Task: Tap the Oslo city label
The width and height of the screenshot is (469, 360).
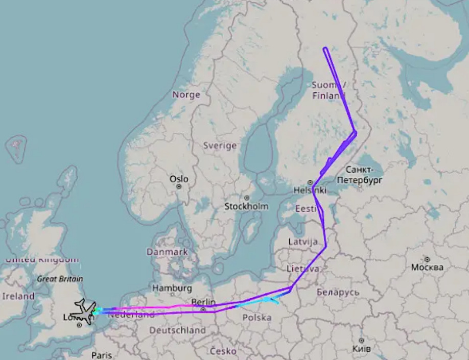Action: pos(179,179)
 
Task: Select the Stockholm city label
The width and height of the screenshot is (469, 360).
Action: pos(246,206)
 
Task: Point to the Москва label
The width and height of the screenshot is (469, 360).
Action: pos(427,267)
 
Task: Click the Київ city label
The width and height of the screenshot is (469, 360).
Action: pos(361,348)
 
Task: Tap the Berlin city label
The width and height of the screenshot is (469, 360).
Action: pos(203,302)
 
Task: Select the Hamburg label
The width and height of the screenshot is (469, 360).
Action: pos(172,288)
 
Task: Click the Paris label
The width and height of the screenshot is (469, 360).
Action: pos(102,354)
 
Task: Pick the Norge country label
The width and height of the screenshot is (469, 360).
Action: pos(186,94)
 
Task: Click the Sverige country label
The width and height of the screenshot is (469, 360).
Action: pos(220,145)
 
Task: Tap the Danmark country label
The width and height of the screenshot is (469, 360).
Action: pos(167,252)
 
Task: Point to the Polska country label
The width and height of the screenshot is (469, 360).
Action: pos(256,318)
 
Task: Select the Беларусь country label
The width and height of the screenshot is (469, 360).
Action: pos(338,292)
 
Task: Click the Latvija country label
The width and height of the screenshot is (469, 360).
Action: pos(303,242)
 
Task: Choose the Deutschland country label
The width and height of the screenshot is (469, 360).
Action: pos(177,330)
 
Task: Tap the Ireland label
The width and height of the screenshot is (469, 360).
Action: pos(18,296)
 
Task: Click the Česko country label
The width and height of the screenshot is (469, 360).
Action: pos(223,351)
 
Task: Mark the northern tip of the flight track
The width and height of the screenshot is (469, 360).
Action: pos(325,49)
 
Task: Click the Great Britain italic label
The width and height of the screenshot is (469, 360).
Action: pos(60,279)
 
